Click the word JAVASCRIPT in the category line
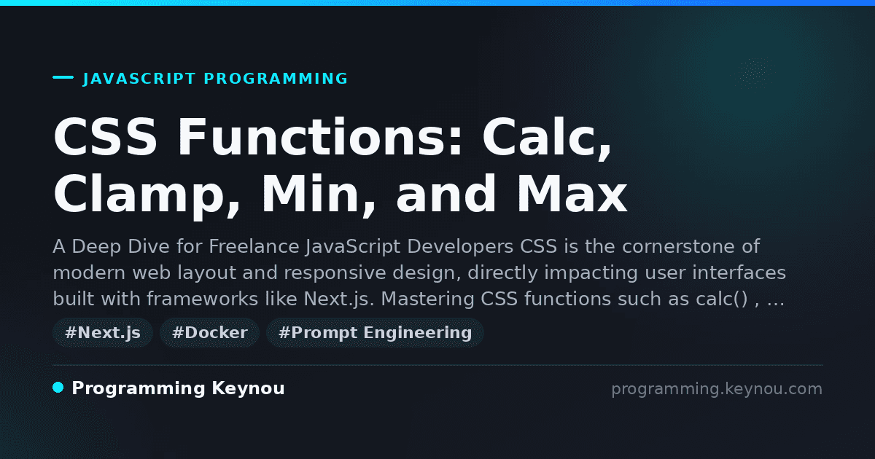139,79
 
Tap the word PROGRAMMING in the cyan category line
276,79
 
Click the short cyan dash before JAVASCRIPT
63,77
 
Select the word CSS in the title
105,137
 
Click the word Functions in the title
320,137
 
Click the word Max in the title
572,195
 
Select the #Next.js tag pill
103,332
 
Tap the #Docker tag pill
210,332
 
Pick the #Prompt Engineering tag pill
375,332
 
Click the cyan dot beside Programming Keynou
58,388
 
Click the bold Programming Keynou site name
178,388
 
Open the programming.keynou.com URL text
717,389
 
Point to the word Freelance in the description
254,246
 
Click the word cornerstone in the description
678,247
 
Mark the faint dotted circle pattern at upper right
754,71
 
